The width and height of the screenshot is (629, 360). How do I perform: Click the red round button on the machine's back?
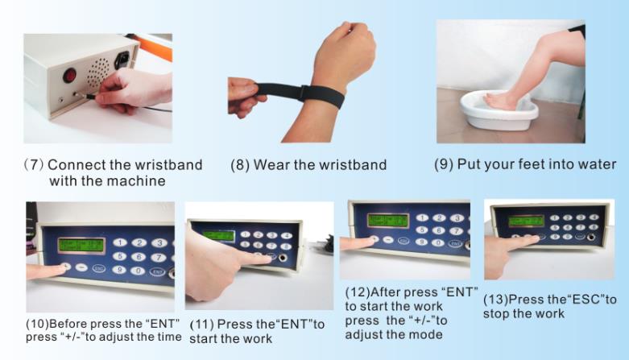coord(70,75)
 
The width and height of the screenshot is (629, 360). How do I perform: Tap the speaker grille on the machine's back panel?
coord(98,72)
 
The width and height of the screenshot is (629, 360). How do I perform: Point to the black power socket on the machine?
coord(122,60)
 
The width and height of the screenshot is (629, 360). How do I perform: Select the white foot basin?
coord(499,110)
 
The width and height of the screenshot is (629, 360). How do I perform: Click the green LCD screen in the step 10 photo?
coord(81,246)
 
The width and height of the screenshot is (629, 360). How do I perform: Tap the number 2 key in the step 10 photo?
coord(139,242)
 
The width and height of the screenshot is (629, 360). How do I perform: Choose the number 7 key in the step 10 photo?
coord(159,257)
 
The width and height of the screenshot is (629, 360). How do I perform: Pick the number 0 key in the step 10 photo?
coord(138,271)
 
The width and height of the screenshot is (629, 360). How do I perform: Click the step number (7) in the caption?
coord(34,164)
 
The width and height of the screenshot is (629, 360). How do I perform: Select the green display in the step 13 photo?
coord(526,221)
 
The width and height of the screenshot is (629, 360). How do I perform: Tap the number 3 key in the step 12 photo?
coord(457,218)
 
